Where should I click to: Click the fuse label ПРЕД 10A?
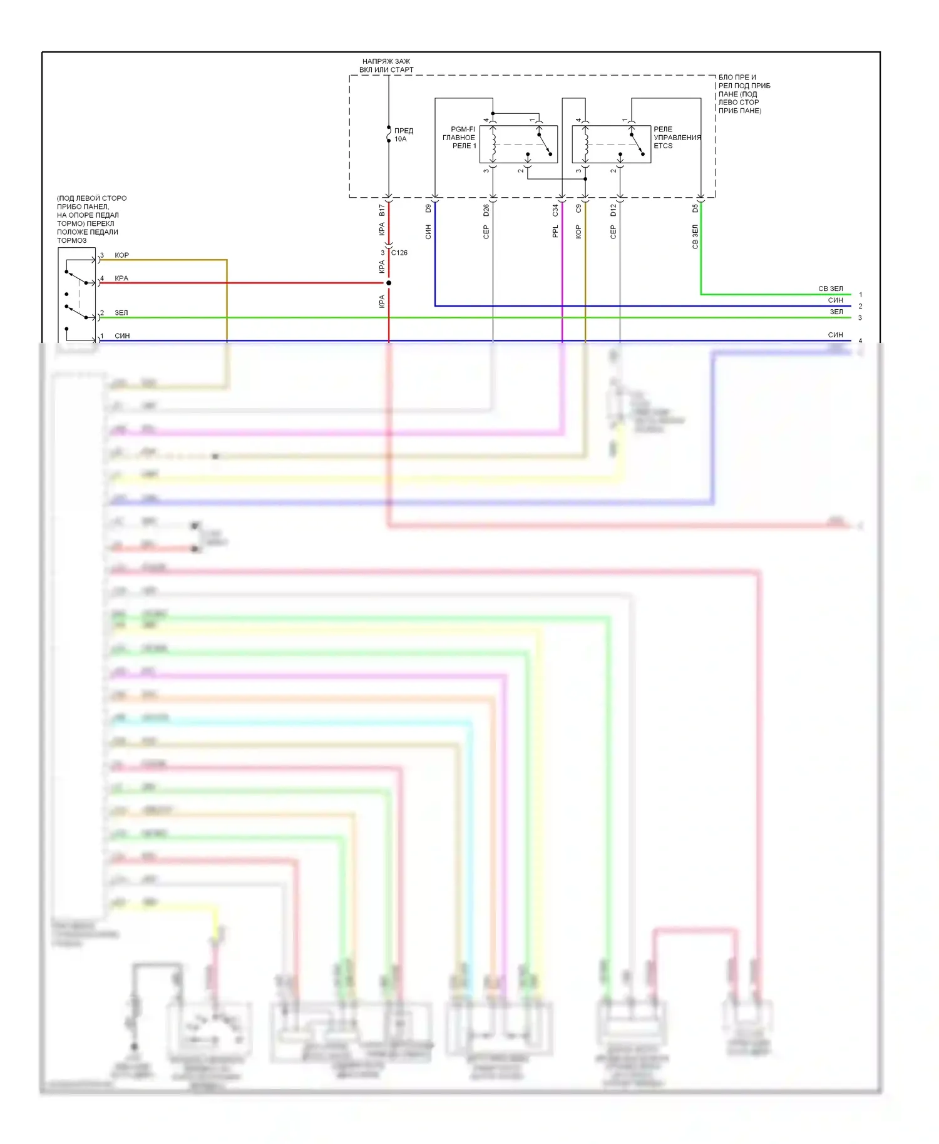pos(403,135)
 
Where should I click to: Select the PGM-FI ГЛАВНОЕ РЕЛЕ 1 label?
pos(459,138)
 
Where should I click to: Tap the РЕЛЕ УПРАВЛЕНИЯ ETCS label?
pos(677,138)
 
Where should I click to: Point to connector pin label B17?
pos(382,210)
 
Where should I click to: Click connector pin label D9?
pos(428,209)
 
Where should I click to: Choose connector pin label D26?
pos(486,210)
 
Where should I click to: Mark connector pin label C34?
pos(555,210)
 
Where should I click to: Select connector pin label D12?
pos(613,210)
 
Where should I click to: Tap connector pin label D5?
pos(695,209)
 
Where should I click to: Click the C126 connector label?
pos(399,253)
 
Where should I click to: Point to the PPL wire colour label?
pos(555,232)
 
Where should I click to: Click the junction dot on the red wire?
pos(389,283)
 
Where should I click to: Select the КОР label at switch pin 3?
pos(121,255)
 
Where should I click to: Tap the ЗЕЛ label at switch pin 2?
pos(121,313)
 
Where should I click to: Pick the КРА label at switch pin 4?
pos(121,278)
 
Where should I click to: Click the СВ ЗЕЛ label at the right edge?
pos(830,289)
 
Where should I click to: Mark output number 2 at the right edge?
pos(860,306)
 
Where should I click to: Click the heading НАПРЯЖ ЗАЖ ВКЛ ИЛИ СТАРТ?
pos(386,66)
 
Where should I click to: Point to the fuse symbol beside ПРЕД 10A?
pos(389,134)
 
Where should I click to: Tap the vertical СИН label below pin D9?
pos(428,232)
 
